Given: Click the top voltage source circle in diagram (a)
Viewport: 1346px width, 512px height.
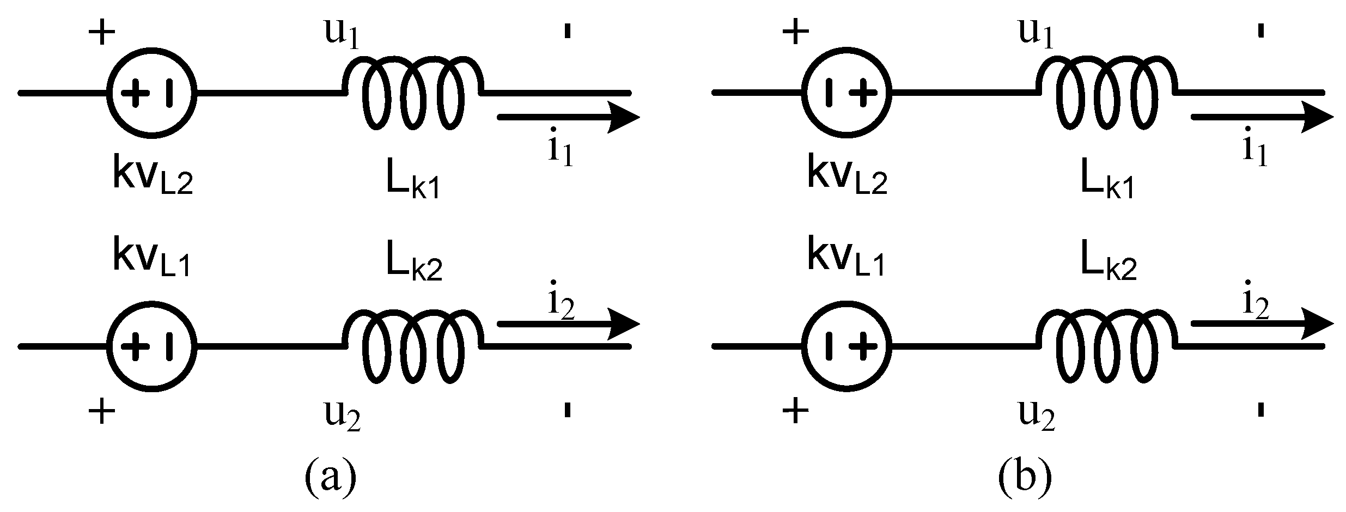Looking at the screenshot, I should click(x=152, y=93).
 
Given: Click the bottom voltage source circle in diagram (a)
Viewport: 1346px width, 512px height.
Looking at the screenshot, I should click(x=152, y=346).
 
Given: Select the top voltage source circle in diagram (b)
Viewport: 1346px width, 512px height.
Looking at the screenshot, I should click(x=846, y=93).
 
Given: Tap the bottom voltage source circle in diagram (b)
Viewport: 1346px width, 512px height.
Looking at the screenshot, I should click(x=846, y=346).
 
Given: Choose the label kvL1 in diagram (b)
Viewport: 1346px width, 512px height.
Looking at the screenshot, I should click(x=846, y=259).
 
